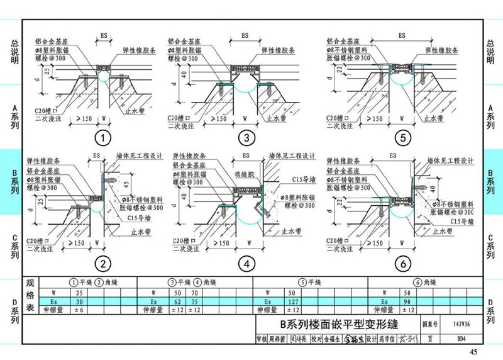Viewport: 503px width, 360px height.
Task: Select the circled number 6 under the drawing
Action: tap(404, 262)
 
